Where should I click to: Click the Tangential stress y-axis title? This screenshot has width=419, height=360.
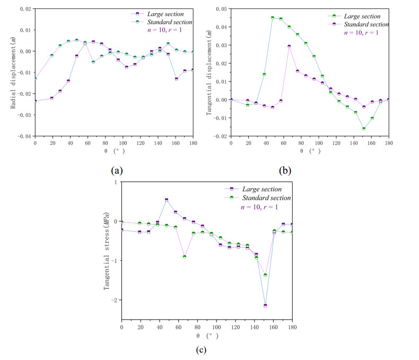tap(106, 250)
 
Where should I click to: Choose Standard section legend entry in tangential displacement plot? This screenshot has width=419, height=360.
tap(366, 24)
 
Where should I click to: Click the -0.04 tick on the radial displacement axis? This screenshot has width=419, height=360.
tap(24, 136)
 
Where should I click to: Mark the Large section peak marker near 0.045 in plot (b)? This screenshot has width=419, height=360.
tap(273, 18)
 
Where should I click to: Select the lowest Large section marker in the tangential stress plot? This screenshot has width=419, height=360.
tap(265, 305)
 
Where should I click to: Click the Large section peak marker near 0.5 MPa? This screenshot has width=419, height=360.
tap(167, 200)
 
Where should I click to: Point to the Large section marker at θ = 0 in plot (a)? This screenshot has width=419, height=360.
tap(35, 101)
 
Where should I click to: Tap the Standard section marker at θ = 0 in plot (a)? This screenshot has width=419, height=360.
tap(35, 79)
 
